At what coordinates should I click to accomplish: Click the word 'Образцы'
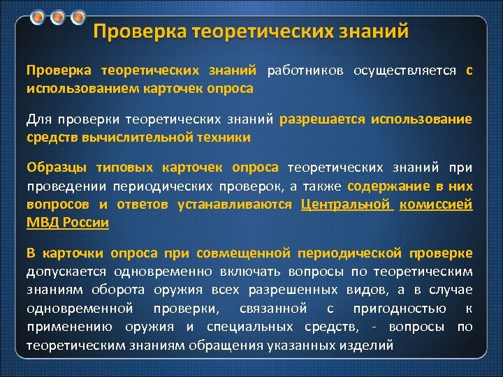56,168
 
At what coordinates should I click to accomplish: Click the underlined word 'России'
86,223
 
